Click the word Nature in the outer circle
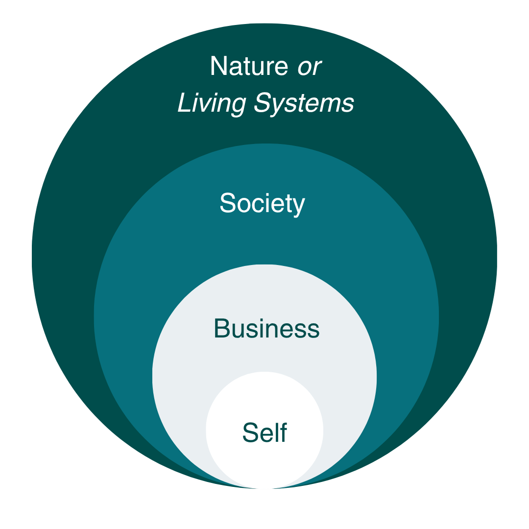[x=249, y=66]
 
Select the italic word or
[x=310, y=66]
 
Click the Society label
[x=262, y=203]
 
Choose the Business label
[x=266, y=329]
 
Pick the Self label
[x=264, y=433]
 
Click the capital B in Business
[x=221, y=329]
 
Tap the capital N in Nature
[x=218, y=66]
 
